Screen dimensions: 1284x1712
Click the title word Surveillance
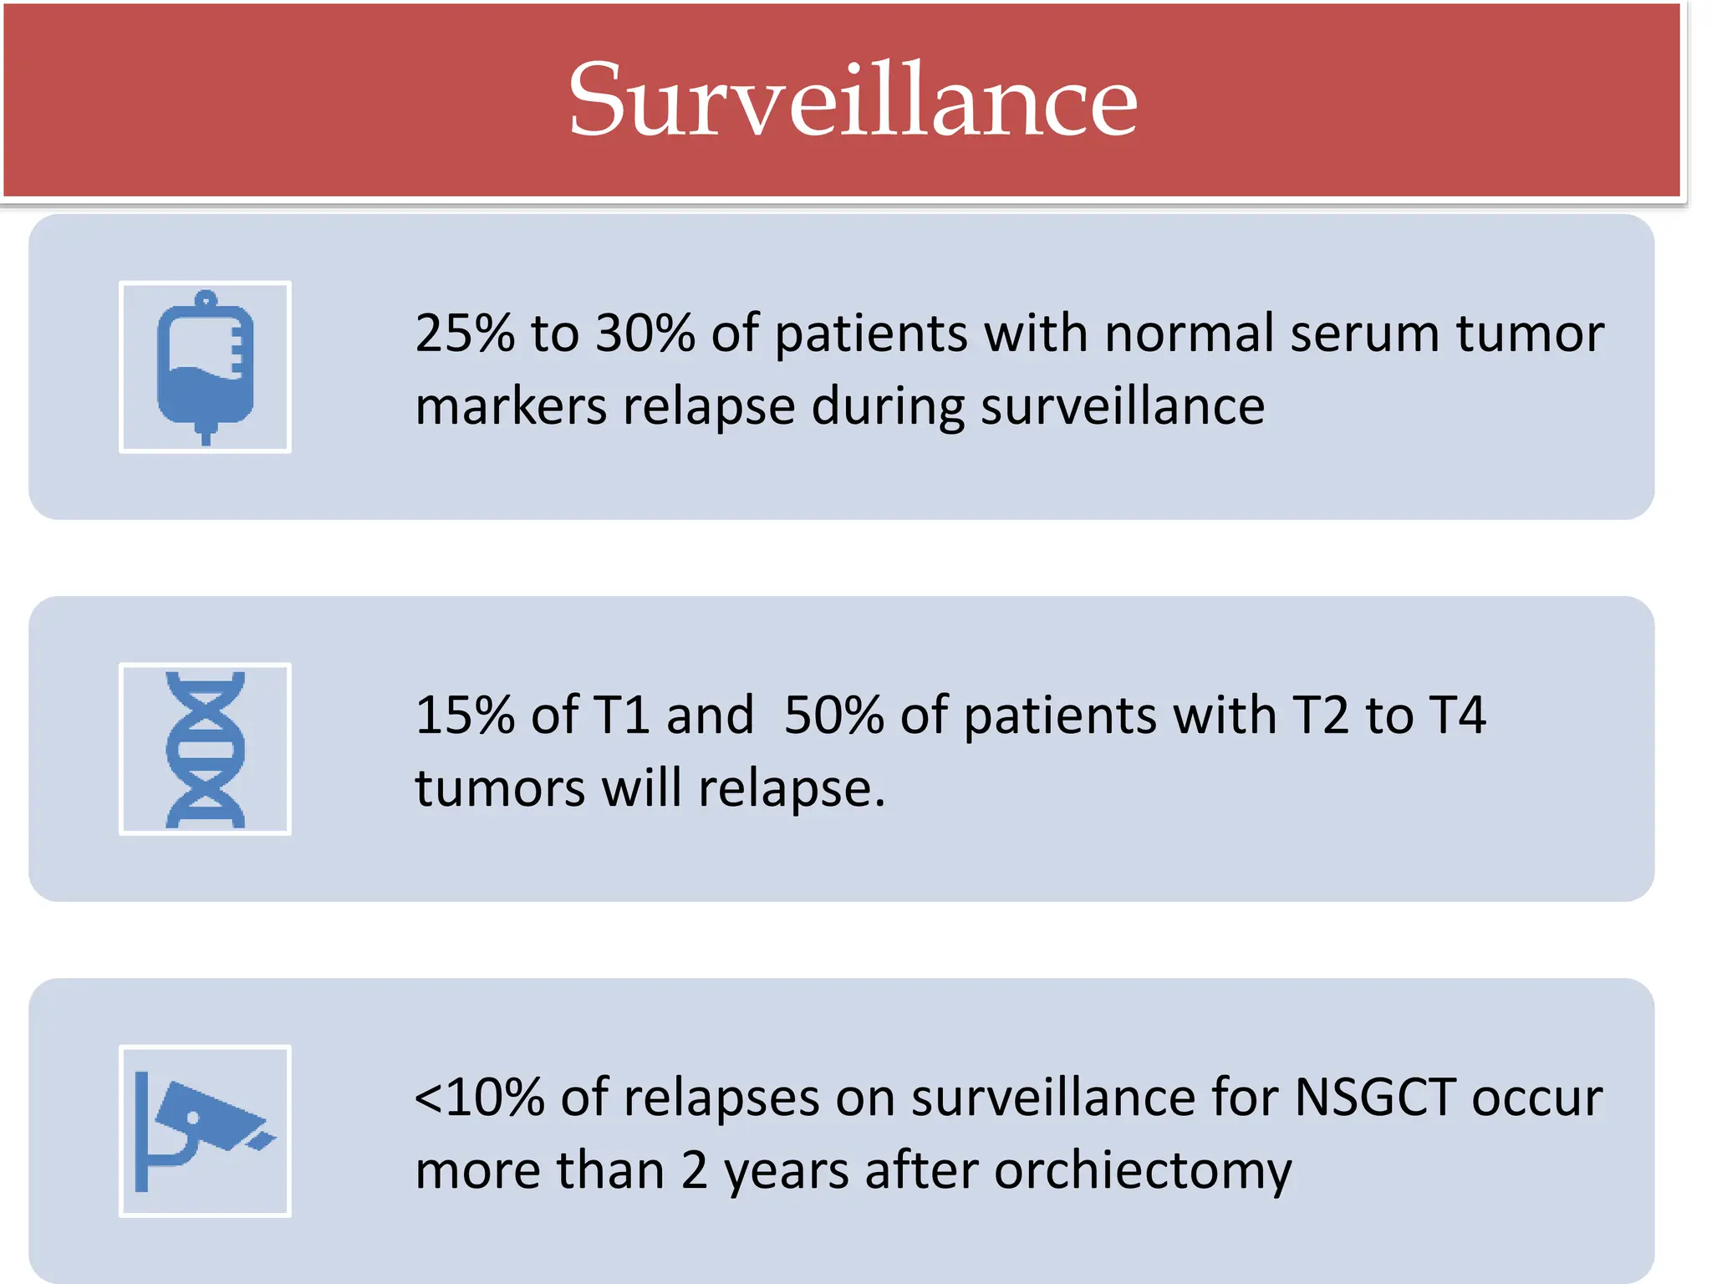click(x=853, y=100)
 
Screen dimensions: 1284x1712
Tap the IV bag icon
click(x=205, y=367)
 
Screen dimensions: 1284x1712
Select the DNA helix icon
click(x=205, y=749)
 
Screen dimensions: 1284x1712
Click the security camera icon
click(x=205, y=1130)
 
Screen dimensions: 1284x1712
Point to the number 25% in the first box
click(x=465, y=333)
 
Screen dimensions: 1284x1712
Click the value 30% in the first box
click(x=645, y=333)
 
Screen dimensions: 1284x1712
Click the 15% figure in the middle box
click(x=465, y=716)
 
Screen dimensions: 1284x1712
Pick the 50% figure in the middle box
click(x=833, y=716)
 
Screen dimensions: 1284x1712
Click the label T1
click(x=621, y=716)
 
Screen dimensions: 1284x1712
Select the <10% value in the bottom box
click(x=480, y=1098)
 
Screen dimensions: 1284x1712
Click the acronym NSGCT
click(x=1376, y=1098)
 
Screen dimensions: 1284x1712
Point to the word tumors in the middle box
click(x=500, y=788)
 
